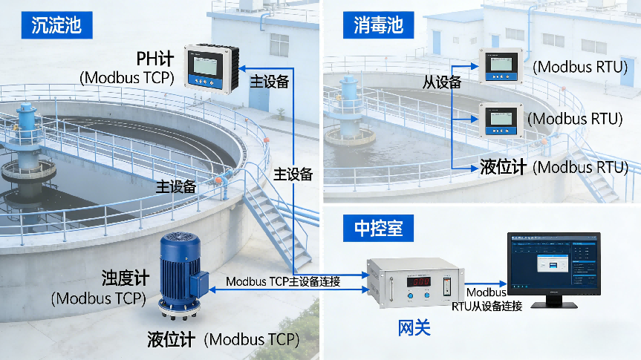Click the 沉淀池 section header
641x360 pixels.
click(x=56, y=26)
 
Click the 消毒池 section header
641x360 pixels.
click(x=378, y=26)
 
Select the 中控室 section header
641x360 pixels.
click(x=378, y=228)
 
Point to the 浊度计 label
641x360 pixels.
click(x=126, y=279)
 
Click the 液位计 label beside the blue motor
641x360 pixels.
click(x=171, y=340)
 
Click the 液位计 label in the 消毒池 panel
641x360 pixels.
click(x=503, y=166)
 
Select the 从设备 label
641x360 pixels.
click(x=442, y=82)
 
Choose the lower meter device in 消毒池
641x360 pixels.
click(x=504, y=120)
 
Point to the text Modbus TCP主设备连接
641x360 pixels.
click(x=283, y=281)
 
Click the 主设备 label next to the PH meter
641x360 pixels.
click(x=270, y=82)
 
